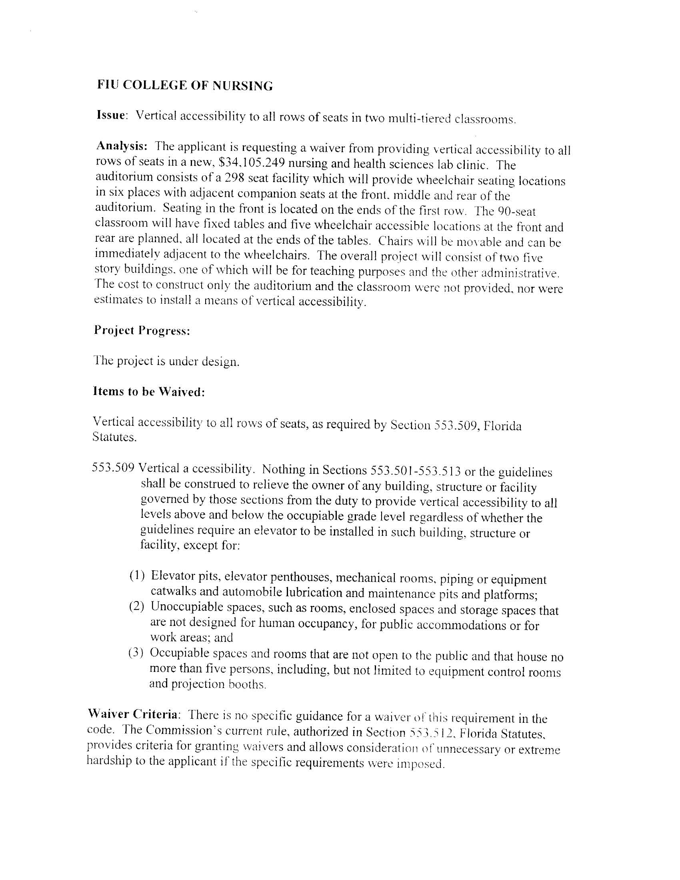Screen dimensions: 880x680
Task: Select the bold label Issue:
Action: pos(112,115)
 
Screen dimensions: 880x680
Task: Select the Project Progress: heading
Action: pos(142,331)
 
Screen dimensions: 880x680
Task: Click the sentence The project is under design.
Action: pos(166,361)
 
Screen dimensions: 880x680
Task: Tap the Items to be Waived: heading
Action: pos(149,392)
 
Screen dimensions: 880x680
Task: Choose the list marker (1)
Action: pos(137,576)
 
